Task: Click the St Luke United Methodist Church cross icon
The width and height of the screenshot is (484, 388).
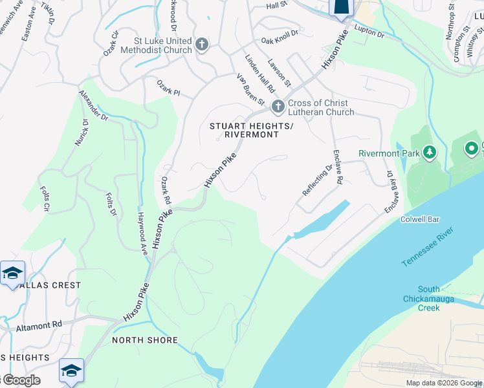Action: tap(202, 45)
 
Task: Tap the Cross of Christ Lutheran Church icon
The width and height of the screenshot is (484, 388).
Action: tap(278, 107)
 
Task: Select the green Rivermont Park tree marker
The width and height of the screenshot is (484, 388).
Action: tap(428, 153)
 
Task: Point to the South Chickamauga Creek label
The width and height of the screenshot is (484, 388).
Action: tap(429, 299)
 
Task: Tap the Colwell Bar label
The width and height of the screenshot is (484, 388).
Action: tap(420, 220)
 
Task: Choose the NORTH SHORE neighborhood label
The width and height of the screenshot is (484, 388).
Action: tap(144, 339)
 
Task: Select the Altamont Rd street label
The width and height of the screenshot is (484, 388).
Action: tap(39, 327)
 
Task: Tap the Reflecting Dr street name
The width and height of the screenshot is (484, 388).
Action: tap(316, 180)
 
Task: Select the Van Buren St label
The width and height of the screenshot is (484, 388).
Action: tap(250, 90)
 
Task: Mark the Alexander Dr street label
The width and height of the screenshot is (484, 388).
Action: tap(93, 105)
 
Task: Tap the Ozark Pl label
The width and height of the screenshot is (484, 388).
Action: tap(168, 89)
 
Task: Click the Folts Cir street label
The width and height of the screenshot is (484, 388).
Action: tap(45, 199)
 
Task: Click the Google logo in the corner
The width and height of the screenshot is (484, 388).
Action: tap(21, 380)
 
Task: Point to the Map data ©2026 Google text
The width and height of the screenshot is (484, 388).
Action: tap(443, 383)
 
